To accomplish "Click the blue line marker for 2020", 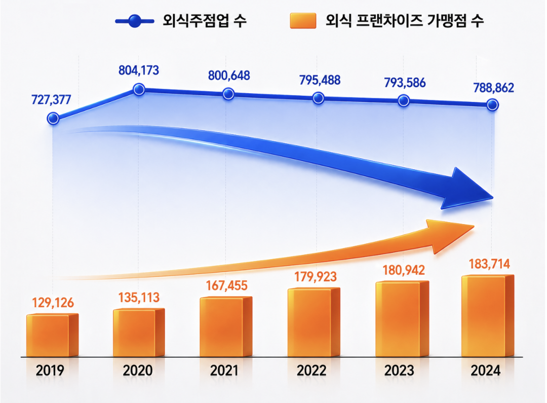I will tap(139, 90).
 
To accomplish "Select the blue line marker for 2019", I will tap(53, 119).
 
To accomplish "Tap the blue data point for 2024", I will tap(492, 105).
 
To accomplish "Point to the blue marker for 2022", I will tap(318, 98).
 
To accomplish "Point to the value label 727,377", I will tap(51, 99).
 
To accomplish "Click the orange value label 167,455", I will tap(226, 285).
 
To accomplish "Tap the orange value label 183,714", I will tap(489, 264).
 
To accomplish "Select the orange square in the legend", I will tap(302, 21).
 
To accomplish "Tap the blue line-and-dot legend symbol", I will tap(134, 21).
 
